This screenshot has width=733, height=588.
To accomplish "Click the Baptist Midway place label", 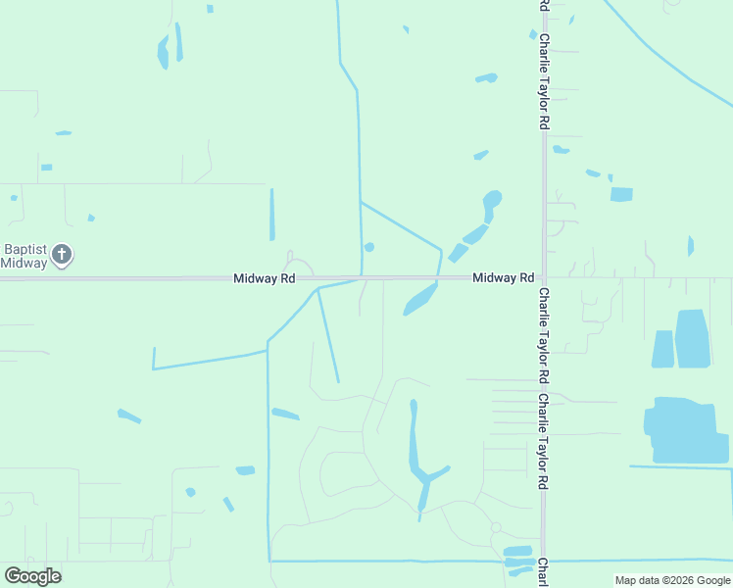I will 24,256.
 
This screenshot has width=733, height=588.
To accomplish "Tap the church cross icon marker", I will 62,256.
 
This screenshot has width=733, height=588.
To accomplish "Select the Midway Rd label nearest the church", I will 265,278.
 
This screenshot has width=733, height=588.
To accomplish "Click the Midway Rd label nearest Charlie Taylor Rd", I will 503,278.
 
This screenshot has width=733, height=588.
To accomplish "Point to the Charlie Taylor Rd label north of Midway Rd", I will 543,83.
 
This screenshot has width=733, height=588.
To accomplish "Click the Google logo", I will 33,575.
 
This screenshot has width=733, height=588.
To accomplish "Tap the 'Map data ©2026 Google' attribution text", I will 673,580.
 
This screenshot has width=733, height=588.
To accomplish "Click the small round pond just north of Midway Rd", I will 369,247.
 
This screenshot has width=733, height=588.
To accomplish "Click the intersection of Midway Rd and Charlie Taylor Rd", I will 543,277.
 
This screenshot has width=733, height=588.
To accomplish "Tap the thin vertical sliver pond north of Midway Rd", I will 271,214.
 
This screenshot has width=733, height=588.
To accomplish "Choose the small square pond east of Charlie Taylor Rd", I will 621,194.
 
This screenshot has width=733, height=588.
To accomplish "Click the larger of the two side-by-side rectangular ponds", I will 692,339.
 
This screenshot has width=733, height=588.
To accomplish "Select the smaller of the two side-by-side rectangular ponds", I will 662,349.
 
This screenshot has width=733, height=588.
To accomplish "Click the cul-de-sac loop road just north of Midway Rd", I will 298,266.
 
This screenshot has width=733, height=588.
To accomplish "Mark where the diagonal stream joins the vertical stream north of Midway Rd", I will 361,203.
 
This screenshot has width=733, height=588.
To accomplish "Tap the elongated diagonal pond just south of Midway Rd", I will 420,300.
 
